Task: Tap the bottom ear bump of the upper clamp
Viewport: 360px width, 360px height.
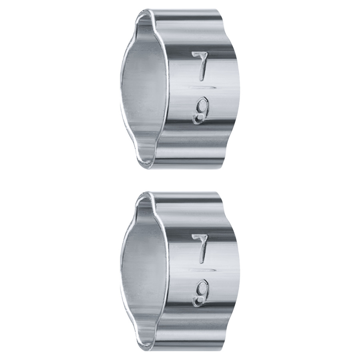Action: (147, 159)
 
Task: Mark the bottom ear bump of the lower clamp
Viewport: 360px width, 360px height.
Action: (147, 341)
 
